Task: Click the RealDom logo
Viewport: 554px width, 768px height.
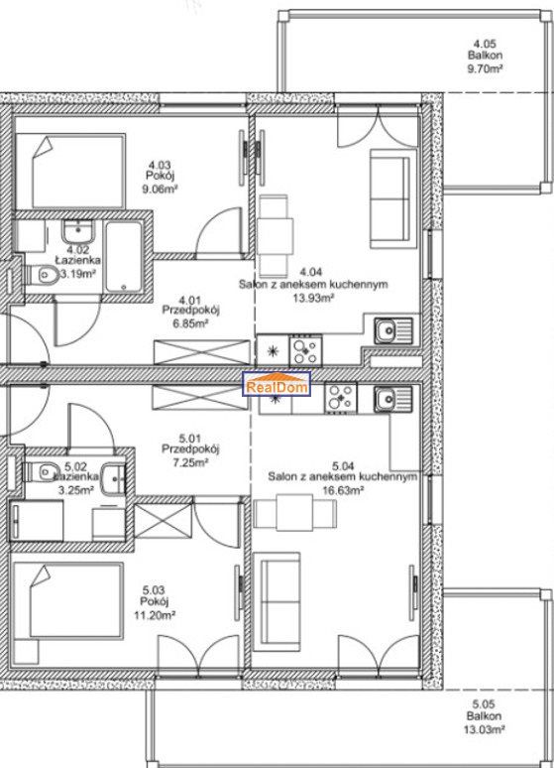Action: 277,384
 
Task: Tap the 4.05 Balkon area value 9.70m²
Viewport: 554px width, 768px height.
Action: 485,68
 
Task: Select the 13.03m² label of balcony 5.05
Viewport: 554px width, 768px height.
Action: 484,729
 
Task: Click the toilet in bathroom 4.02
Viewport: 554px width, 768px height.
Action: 42,275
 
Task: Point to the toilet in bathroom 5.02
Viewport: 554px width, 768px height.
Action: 39,471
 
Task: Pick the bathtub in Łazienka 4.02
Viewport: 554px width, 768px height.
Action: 124,258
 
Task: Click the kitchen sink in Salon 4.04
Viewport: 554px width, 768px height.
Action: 393,330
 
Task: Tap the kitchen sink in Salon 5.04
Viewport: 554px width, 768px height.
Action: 393,399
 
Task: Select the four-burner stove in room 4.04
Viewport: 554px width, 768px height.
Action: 305,350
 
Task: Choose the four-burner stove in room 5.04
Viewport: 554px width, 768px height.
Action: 341,397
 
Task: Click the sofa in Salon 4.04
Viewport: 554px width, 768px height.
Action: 389,198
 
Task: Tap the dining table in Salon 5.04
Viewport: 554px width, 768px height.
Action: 295,512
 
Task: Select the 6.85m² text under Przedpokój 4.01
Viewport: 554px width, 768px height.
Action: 190,323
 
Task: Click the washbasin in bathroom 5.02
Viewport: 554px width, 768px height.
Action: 114,477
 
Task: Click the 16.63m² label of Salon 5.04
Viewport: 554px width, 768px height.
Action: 343,490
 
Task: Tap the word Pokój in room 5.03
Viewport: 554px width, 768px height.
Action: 155,602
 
